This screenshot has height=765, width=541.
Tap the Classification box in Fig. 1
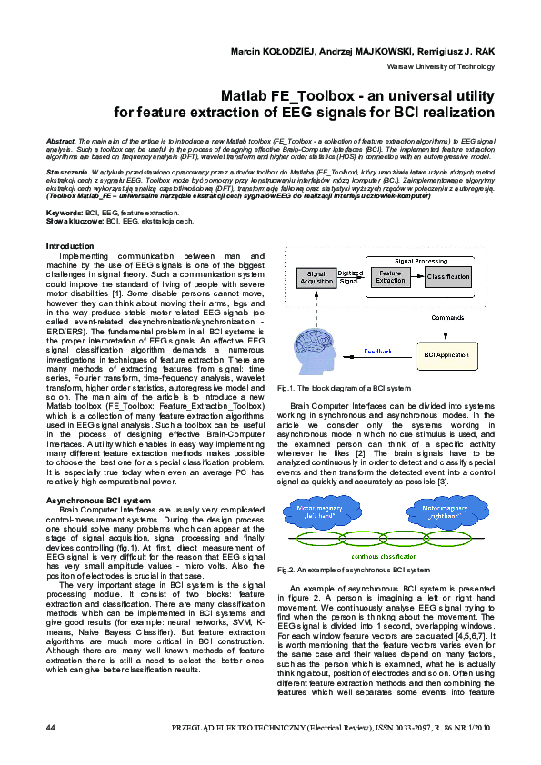(x=447, y=275)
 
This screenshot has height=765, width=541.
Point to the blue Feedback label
(x=378, y=351)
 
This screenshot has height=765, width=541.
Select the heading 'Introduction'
(x=70, y=246)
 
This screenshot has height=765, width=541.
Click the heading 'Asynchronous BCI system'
(x=98, y=501)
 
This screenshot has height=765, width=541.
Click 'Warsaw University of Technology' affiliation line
(x=441, y=66)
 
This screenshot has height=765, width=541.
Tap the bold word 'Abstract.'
(x=62, y=143)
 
